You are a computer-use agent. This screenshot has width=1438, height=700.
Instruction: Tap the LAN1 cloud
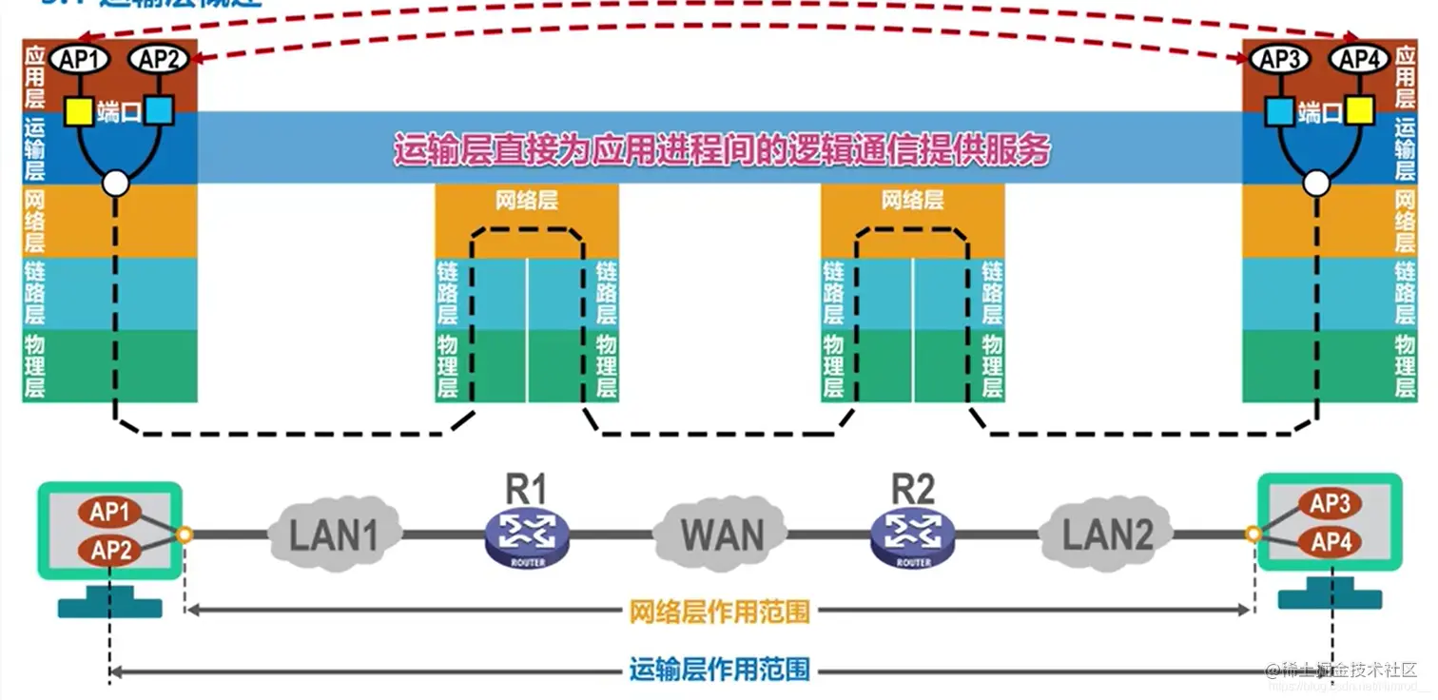[x=334, y=535]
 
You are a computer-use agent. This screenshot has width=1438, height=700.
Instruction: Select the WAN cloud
[x=721, y=534]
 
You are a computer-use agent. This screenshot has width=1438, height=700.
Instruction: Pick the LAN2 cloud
[x=1106, y=535]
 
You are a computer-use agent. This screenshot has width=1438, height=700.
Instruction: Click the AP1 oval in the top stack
[x=80, y=60]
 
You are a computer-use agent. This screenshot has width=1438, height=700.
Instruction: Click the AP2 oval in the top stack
[x=159, y=60]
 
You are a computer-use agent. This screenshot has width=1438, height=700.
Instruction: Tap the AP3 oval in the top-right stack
[x=1280, y=60]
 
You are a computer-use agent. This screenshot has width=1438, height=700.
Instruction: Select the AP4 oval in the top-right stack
[x=1359, y=60]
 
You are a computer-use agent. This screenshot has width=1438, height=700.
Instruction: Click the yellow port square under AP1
[x=79, y=111]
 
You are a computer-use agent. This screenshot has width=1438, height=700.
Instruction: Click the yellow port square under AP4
[x=1359, y=111]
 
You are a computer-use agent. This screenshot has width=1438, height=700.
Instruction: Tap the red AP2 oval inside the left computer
[x=110, y=550]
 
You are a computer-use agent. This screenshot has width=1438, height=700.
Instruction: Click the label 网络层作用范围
[x=719, y=611]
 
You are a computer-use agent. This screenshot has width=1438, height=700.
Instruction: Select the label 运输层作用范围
[x=719, y=670]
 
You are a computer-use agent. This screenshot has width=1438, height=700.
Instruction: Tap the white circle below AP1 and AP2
[x=116, y=184]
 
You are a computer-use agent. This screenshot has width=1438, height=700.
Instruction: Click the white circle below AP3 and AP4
[x=1316, y=184]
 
